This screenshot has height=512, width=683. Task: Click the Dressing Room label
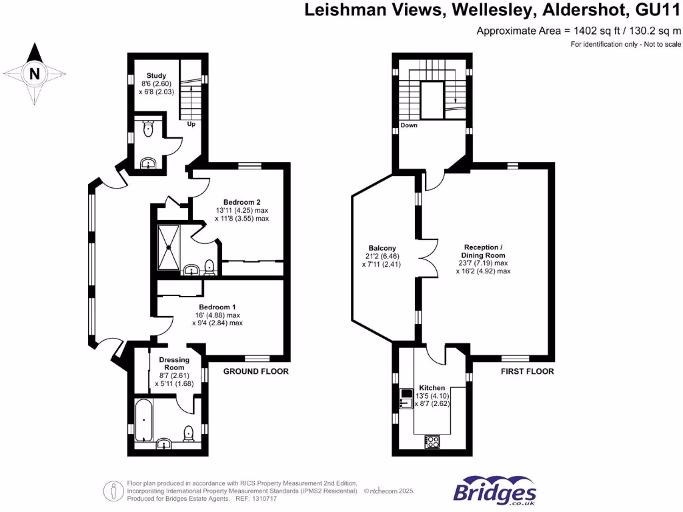[x=173, y=363]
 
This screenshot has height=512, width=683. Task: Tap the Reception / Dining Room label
[x=483, y=251]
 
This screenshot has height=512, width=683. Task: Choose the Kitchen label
[x=431, y=387]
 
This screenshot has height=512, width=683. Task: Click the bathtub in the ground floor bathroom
[x=144, y=421]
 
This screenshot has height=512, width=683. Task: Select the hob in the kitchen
[x=432, y=441]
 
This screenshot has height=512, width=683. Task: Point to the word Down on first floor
[x=409, y=125]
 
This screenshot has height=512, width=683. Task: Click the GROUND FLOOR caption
[x=255, y=371]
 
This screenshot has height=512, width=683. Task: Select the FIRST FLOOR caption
[x=527, y=371]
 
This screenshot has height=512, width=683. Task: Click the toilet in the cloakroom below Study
[x=149, y=129]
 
